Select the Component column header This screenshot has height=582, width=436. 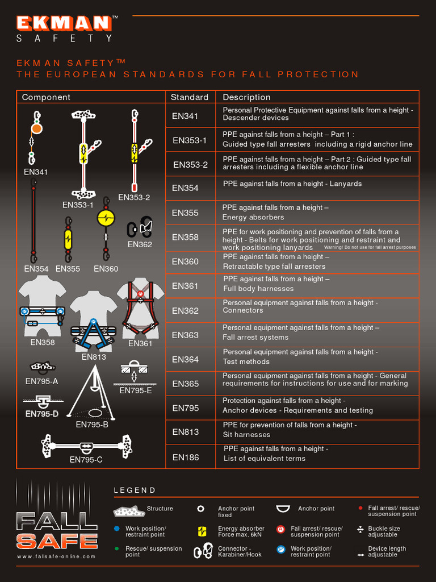(46, 97)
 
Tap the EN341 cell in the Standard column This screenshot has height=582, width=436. (185, 116)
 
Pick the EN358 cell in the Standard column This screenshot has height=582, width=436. (185, 238)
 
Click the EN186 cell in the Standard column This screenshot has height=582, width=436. (185, 457)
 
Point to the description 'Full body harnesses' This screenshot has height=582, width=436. (258, 289)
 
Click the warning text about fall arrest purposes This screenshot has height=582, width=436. (370, 248)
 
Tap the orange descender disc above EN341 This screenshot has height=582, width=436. (36, 129)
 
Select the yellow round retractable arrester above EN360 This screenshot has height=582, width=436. (106, 218)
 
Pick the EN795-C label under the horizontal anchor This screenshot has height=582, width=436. (86, 460)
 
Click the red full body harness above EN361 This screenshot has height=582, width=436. (140, 307)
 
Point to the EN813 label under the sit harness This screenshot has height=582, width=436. (94, 357)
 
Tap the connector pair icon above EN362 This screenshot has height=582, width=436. (140, 226)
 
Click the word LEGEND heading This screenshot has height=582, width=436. (135, 490)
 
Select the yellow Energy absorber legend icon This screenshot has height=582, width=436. (202, 531)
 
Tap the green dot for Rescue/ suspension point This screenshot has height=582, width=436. (117, 549)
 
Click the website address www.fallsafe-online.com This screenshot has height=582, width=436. (56, 556)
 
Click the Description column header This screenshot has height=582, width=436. (246, 97)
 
